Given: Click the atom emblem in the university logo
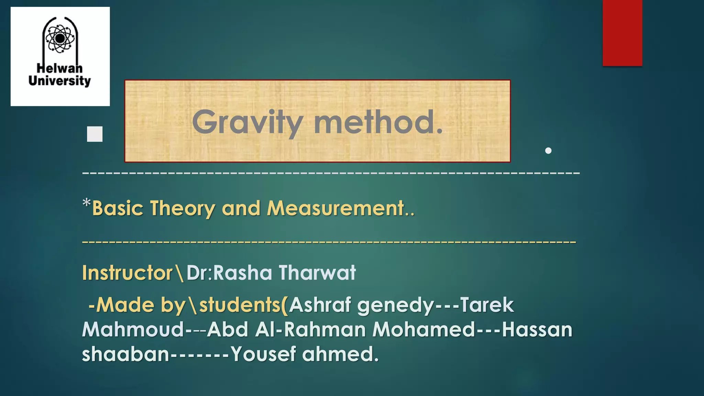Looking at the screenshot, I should tap(60, 38).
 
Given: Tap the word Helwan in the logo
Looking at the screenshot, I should tap(60, 68).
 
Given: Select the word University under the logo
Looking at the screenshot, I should tap(60, 81).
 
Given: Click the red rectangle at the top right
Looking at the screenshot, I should tap(622, 33).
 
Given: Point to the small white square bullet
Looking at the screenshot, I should tap(95, 134).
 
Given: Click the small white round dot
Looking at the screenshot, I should tap(548, 151).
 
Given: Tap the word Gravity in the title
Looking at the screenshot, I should tap(247, 122).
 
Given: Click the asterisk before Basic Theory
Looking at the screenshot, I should tap(87, 203).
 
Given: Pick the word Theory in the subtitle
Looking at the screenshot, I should tap(183, 208).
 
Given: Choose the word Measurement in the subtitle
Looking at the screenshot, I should tap(335, 208).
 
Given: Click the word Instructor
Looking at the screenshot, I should tap(128, 273).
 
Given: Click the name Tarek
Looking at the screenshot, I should tap(487, 305).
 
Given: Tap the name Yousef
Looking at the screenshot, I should tap(263, 354).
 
